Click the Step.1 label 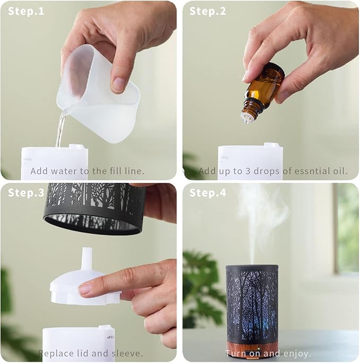26,11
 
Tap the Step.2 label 207,11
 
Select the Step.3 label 26,192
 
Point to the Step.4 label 207,192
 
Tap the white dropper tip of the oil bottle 246,118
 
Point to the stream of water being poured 60,130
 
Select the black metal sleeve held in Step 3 94,208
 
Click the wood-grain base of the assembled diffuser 252,348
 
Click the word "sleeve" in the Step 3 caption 127,353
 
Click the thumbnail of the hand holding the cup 118,84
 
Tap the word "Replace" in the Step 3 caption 51,354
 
